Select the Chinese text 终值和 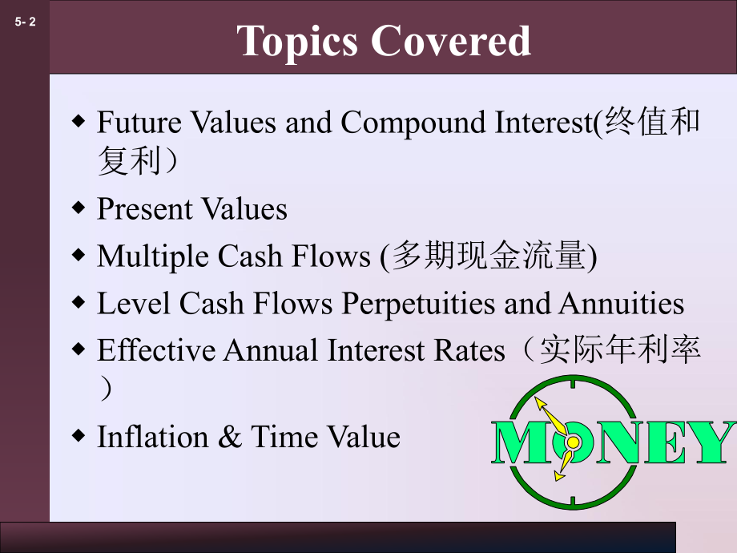[652, 123]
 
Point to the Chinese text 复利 [127, 161]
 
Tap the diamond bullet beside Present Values [79, 208]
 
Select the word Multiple [147, 256]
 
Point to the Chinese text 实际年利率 [621, 351]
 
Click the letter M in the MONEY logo [522, 442]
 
